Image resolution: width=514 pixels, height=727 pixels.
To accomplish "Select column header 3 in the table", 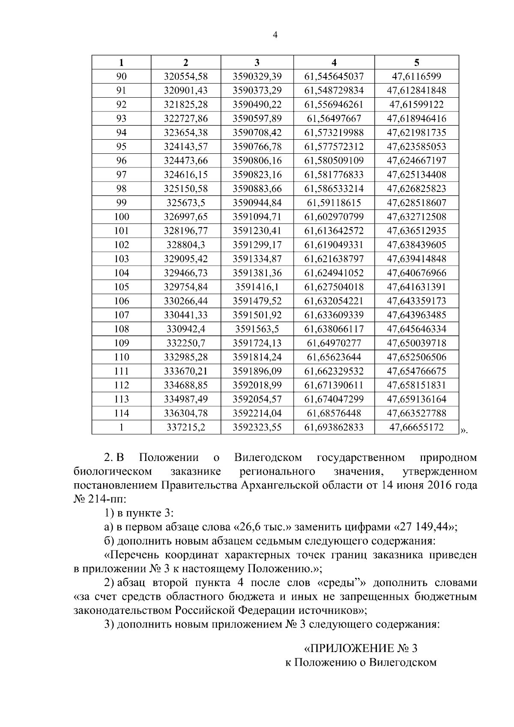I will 257,63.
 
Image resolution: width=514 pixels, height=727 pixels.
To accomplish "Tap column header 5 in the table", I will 416,63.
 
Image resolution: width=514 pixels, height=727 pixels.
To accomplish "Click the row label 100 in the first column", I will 122,217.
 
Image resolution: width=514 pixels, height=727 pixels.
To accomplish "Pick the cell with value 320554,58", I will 186,77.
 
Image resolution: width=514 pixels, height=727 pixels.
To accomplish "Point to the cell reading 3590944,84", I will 257,203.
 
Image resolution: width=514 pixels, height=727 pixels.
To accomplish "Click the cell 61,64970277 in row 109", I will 334,343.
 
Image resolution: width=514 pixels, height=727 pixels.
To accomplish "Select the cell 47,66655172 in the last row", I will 416,427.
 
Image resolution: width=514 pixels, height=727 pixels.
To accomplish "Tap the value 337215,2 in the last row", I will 186,427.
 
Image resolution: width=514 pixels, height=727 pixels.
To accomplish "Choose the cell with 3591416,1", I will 257,287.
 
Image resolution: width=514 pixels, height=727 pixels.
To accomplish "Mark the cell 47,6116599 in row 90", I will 416,77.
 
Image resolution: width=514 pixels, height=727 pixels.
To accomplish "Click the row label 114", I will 122,413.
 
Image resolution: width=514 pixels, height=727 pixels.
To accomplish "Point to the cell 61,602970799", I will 334,217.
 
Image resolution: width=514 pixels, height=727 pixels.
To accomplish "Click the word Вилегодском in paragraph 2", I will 268,458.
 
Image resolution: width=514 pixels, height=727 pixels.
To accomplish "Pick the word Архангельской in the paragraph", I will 315,485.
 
